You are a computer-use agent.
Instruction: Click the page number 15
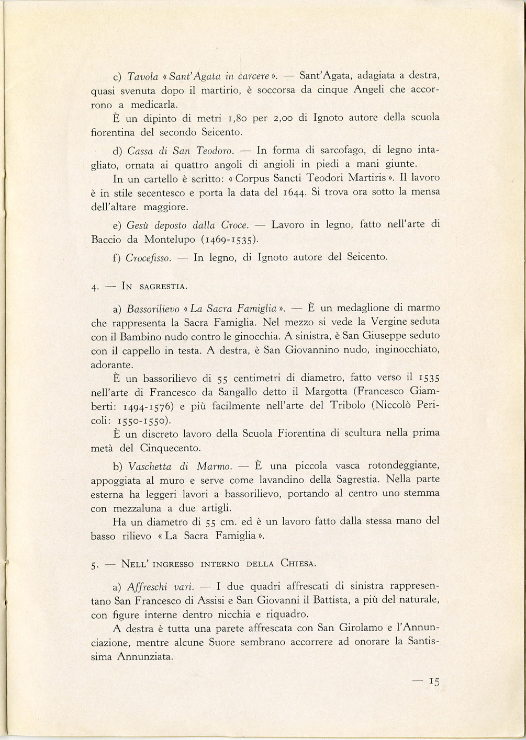tap(434, 681)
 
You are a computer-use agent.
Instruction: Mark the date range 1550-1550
tap(147, 421)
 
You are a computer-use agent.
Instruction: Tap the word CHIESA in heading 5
tap(298, 564)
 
